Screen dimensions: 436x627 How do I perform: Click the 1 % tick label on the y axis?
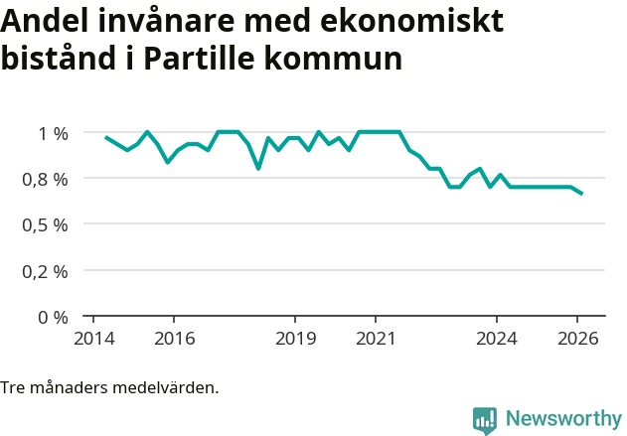[x=53, y=133]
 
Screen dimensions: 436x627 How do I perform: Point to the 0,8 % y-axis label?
[x=47, y=179]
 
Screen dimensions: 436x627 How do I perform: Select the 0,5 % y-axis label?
[x=47, y=224]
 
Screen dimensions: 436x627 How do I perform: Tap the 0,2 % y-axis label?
[x=47, y=271]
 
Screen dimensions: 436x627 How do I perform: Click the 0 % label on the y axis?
[x=53, y=317]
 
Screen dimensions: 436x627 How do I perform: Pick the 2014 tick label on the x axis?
[x=93, y=339]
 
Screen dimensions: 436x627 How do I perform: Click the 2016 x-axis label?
[x=174, y=339]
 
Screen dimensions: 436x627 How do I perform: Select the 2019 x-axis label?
[x=295, y=339]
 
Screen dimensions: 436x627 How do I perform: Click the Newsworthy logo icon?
[x=485, y=419]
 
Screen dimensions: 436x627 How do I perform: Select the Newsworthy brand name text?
[x=562, y=419]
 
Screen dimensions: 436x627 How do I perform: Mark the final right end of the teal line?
[x=582, y=194]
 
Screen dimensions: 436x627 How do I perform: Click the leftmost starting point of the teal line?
[x=105, y=136]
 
